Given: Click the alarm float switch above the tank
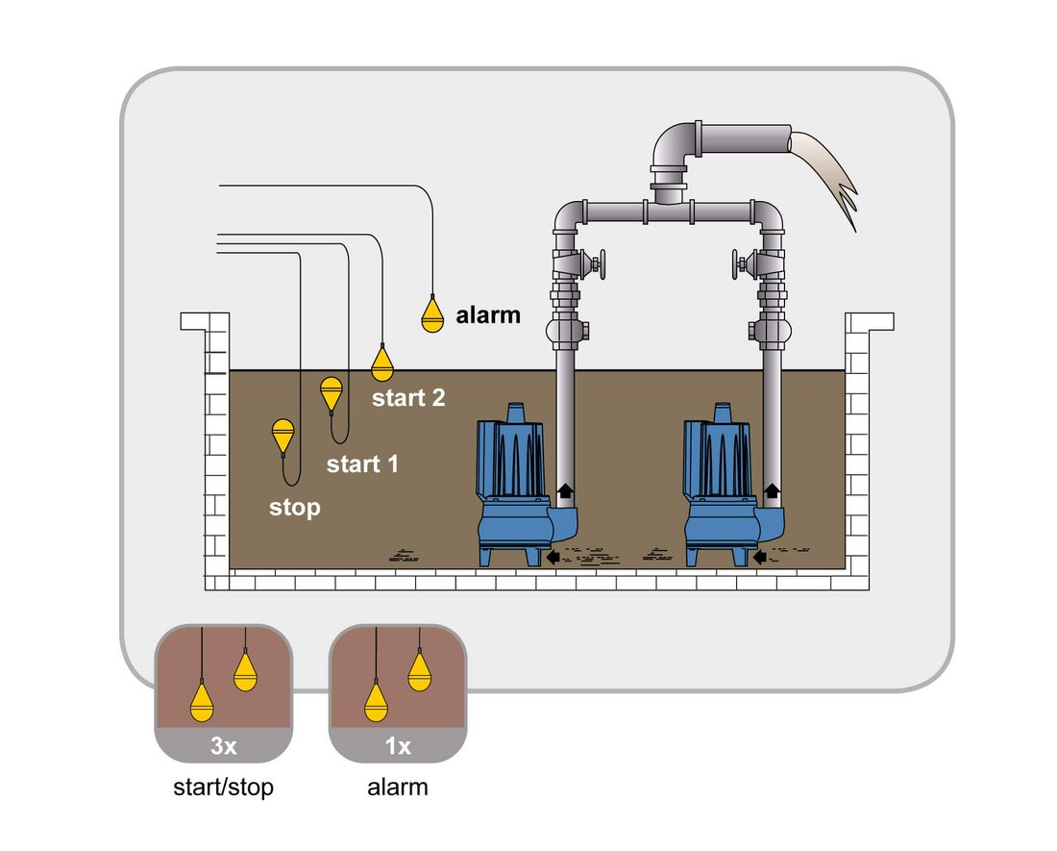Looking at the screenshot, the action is point(432,314).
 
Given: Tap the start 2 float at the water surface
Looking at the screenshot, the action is point(382,364).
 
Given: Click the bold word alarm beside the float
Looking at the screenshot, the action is point(488,314).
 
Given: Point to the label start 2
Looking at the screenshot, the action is point(408,398).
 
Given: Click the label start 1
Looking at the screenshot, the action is point(362,463).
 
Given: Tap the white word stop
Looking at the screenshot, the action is point(295,507).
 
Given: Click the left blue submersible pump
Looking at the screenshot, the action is point(519,486).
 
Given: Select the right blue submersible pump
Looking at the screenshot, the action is point(726,486).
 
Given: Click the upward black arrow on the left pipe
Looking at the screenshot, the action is point(565,490).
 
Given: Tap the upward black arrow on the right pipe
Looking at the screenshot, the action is point(772,490).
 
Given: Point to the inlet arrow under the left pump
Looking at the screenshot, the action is point(553,557).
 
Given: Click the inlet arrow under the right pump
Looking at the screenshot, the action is point(760,557).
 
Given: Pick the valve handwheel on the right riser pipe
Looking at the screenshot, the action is point(737,264).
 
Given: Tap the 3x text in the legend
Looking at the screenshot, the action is point(223,746).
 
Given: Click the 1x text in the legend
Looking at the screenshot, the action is point(398,746).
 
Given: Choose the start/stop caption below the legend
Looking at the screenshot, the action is point(223,787).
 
